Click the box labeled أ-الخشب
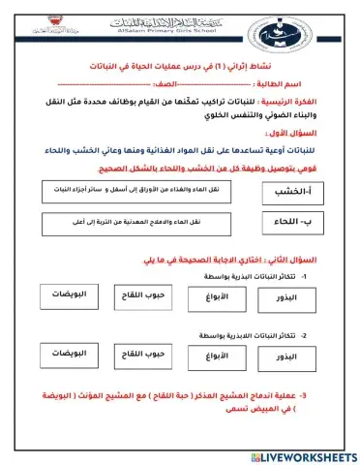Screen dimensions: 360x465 296,195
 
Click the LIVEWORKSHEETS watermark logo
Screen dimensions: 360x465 306,455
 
